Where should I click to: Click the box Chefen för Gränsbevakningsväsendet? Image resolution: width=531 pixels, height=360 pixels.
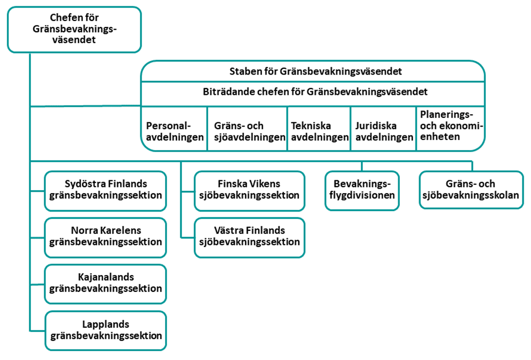pyautogui.click(x=74, y=30)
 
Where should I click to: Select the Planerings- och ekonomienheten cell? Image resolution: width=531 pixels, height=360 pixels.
pyautogui.click(x=450, y=129)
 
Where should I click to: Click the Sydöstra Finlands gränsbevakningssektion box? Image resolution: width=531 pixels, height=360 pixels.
pyautogui.click(x=105, y=191)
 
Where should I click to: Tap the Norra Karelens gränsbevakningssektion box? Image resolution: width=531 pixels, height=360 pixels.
pyautogui.click(x=105, y=238)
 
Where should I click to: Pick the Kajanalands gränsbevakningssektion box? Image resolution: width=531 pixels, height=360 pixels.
pyautogui.click(x=105, y=284)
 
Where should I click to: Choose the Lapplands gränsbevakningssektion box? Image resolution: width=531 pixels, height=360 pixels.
pyautogui.click(x=106, y=331)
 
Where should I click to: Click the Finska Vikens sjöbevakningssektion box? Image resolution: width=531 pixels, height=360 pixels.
pyautogui.click(x=249, y=191)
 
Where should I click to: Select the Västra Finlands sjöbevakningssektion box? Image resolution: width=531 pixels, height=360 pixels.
pyautogui.click(x=249, y=238)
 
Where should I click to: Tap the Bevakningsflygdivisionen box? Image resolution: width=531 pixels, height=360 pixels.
pyautogui.click(x=362, y=191)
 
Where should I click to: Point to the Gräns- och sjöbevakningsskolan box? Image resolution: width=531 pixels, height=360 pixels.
pyautogui.click(x=471, y=190)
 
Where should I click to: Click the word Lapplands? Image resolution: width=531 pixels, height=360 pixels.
pyautogui.click(x=106, y=325)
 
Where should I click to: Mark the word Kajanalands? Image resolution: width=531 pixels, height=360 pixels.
pyautogui.click(x=106, y=277)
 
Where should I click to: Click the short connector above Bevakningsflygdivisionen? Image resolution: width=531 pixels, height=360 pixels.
pyautogui.click(x=362, y=166)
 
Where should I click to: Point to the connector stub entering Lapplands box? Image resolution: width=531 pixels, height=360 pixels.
pyautogui.click(x=37, y=330)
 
